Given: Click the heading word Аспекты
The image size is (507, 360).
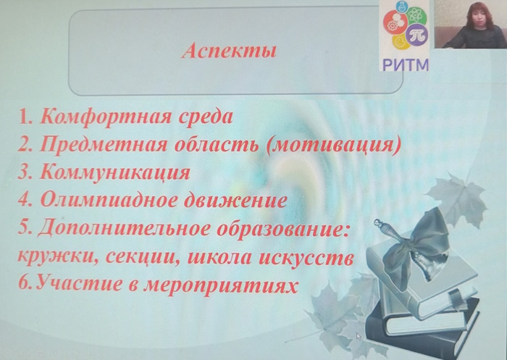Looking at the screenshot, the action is (x=230, y=51).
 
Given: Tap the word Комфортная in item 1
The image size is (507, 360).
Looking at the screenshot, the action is (x=106, y=116).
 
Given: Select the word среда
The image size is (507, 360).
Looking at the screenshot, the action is (x=206, y=117).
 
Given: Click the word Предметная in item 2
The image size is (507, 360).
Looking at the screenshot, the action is (x=104, y=144).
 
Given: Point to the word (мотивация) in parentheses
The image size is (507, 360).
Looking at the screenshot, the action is (x=333, y=145).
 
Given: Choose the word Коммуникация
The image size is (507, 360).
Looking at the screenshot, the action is (x=114, y=172).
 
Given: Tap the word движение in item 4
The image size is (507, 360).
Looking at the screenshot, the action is (x=235, y=200).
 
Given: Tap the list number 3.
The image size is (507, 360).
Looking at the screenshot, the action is (x=25, y=172).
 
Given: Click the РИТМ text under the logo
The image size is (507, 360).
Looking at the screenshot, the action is (x=406, y=64).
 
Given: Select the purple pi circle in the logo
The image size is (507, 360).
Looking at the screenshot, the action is (x=417, y=34).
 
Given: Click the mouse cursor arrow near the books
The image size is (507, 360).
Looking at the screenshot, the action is (x=359, y=336).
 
